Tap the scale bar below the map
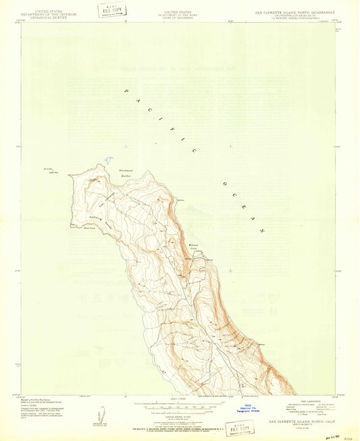tap(180, 408)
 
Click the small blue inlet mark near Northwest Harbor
tap(107, 161)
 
